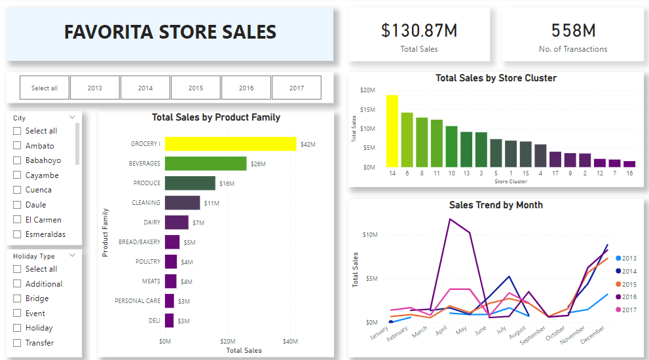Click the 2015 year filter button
tap(196, 88)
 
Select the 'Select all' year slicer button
tap(45, 88)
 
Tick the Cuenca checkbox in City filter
tap(18, 190)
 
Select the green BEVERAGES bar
tap(206, 164)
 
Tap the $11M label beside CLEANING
tap(212, 203)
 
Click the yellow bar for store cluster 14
tap(392, 131)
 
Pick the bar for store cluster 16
tap(629, 164)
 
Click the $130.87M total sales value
tap(419, 30)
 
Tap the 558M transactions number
tap(573, 30)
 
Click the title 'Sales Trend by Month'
tap(496, 205)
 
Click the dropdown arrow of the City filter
tap(72, 118)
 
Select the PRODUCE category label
tap(147, 183)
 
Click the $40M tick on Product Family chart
tap(290, 341)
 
